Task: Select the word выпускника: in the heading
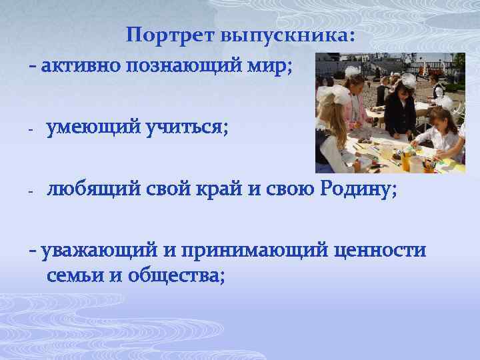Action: coord(293,36)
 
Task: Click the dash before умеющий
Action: coord(31,129)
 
